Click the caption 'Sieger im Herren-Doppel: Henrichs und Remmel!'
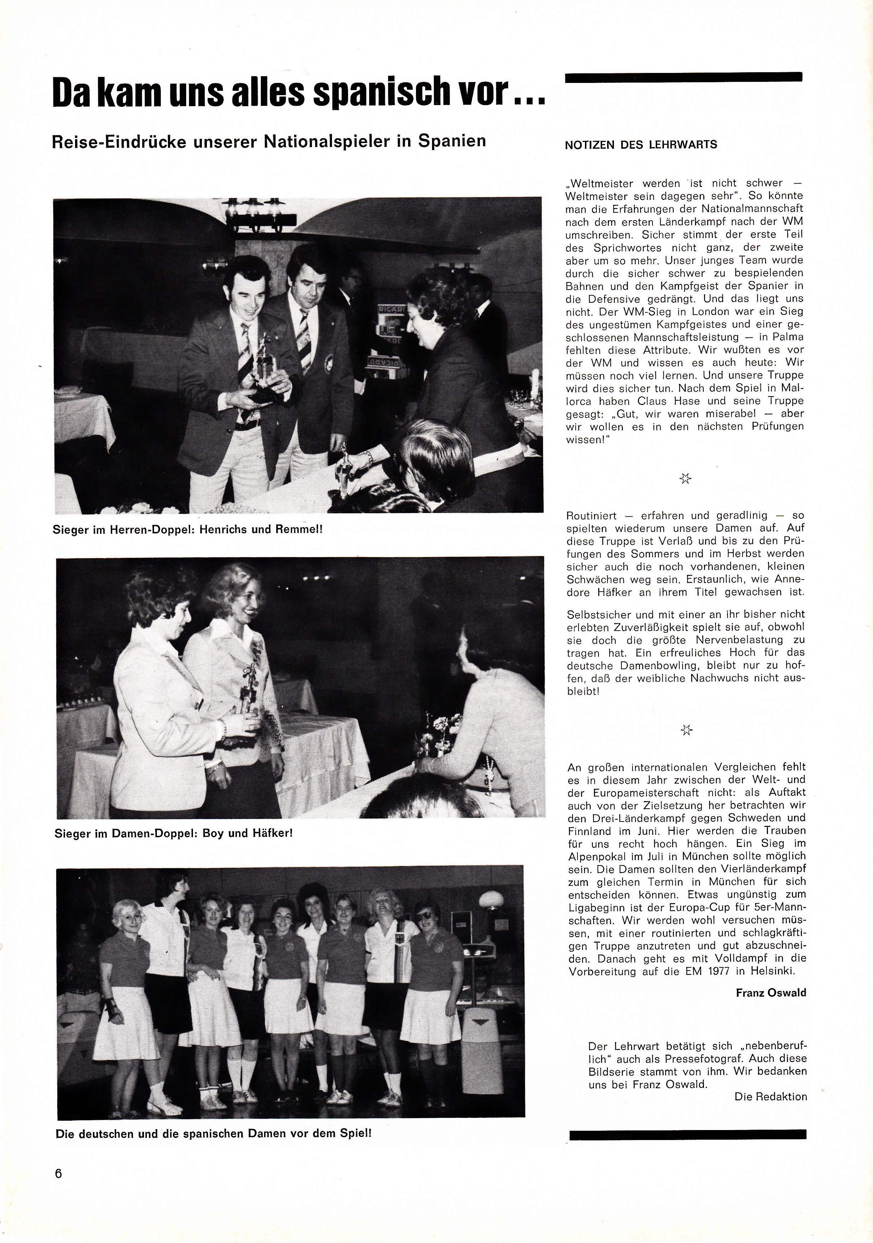click(187, 529)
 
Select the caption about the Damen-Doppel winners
click(174, 833)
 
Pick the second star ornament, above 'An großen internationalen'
click(686, 730)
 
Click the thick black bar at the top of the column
click(683, 78)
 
